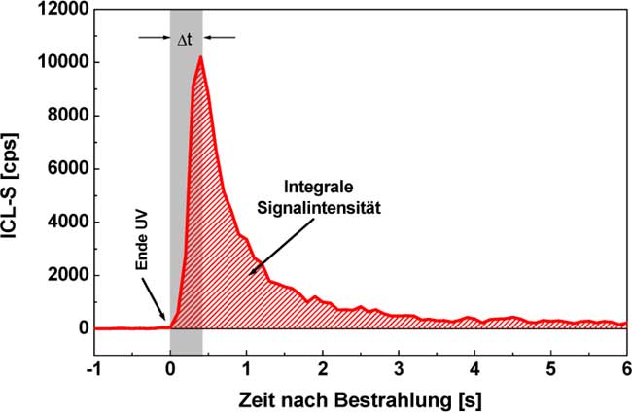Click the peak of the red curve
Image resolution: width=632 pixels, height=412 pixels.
point(199,57)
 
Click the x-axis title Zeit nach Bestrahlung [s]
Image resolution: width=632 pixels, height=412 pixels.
point(360,397)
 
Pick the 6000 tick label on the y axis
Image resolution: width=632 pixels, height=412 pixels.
point(66,169)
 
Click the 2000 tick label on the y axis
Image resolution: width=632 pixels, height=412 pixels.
point(66,275)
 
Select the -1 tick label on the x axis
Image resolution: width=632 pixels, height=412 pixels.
point(92,370)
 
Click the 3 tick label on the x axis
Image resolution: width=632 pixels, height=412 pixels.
point(399,370)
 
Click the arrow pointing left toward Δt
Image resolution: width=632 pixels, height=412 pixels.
point(220,37)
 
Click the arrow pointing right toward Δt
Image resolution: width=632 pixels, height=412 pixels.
point(153,37)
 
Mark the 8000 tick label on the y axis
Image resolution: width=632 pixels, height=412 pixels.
point(66,116)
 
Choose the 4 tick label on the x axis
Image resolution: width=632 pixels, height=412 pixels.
point(474,370)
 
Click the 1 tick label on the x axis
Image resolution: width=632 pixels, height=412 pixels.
point(246,370)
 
